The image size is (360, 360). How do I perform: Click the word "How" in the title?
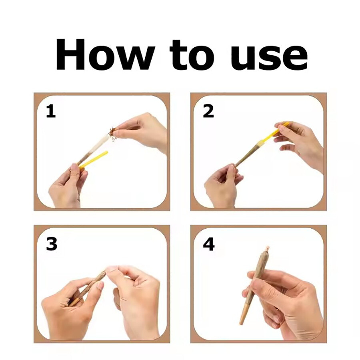tap(105, 54)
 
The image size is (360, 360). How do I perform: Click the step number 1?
tap(51, 111)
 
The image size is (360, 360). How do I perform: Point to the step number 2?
tap(208, 111)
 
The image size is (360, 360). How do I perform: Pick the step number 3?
tap(52, 244)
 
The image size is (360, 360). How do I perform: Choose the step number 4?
tap(209, 244)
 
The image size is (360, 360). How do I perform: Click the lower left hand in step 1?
tap(66, 186)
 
